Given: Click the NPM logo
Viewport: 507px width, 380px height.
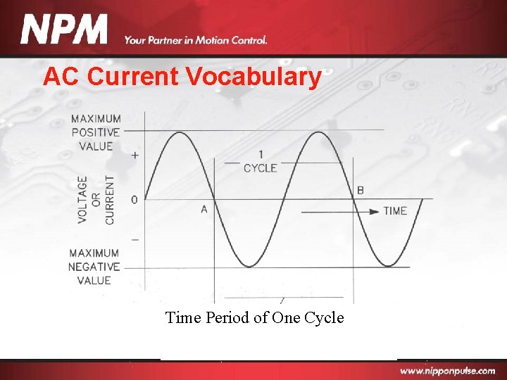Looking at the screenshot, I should tap(65, 30).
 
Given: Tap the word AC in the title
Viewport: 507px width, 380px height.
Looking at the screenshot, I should tap(58, 76).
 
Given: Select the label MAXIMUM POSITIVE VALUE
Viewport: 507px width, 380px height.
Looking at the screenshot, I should tap(95, 132).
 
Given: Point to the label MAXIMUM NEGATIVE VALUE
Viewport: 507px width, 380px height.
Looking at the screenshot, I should tap(94, 267).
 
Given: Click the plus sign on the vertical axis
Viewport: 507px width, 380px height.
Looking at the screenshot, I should tap(135, 155).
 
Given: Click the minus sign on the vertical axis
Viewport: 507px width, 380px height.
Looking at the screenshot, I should tap(135, 239).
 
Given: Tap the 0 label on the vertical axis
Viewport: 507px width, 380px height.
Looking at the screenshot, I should tap(134, 200).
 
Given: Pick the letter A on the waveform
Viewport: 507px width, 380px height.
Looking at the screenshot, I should tap(204, 209).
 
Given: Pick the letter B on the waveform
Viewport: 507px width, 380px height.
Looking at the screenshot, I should tap(361, 190).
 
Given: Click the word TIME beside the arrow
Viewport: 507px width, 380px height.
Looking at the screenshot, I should tap(395, 210).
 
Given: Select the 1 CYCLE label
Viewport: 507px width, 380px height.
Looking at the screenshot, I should tap(261, 161).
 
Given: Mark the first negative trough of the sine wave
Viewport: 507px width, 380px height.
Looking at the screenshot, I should tap(249, 266).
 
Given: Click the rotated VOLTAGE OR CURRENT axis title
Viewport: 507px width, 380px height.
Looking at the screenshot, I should tap(96, 200).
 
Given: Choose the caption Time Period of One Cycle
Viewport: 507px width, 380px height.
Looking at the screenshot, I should tap(254, 317).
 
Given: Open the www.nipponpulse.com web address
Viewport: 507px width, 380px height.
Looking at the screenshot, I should tap(447, 371).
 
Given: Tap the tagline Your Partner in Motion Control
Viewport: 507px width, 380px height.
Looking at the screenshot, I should tap(196, 40).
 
